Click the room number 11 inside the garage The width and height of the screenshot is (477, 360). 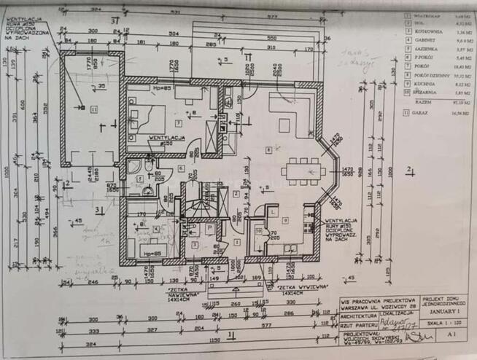pos(94,109)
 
